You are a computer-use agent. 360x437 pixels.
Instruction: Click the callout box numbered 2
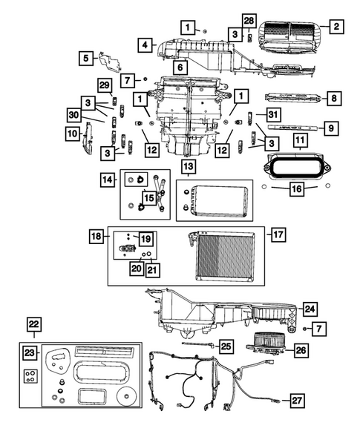pyautogui.click(x=336, y=27)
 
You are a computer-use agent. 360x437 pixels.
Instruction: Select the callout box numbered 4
pyautogui.click(x=146, y=46)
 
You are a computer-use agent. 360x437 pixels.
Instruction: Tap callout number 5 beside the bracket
pyautogui.click(x=85, y=57)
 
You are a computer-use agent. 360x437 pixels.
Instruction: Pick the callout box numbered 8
pyautogui.click(x=335, y=97)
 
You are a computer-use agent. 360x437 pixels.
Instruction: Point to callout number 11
pyautogui.click(x=300, y=139)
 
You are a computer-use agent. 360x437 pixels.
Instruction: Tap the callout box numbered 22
pyautogui.click(x=34, y=323)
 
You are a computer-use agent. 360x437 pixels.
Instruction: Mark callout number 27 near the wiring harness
pyautogui.click(x=297, y=401)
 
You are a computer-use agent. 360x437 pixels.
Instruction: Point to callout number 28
pyautogui.click(x=249, y=18)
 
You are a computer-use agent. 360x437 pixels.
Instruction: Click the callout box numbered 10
pyautogui.click(x=72, y=134)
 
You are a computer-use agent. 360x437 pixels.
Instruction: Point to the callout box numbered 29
pyautogui.click(x=104, y=86)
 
